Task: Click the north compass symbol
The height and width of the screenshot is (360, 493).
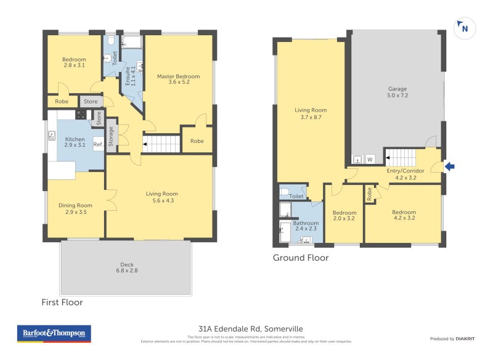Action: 463,28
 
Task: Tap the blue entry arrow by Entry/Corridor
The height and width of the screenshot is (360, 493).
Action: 449,166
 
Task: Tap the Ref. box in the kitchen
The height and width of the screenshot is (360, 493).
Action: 98,145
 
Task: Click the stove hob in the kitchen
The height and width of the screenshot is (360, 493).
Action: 81,115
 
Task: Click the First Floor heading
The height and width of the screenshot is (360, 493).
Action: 62,303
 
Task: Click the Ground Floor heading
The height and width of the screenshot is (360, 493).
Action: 301,258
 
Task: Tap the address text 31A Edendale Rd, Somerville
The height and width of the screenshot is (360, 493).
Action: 251,329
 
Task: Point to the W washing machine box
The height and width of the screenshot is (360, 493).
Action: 370,160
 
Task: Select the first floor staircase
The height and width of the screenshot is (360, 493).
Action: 161,145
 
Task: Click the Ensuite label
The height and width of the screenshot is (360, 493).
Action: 128,74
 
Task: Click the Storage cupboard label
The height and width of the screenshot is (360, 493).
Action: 111,135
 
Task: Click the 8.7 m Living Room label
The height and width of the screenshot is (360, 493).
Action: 311,113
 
